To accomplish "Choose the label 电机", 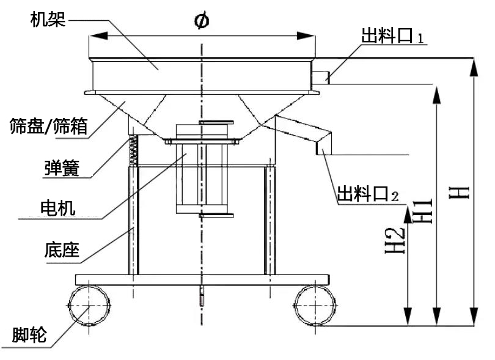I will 57,209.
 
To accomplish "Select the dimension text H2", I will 398,239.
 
